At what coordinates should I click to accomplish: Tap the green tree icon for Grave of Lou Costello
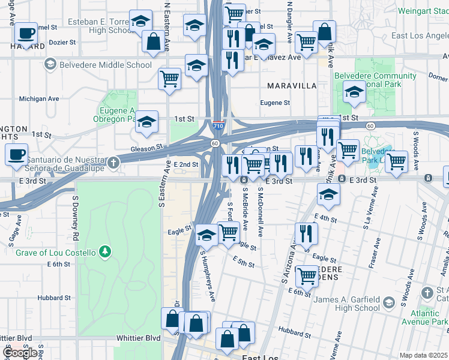point(106,250)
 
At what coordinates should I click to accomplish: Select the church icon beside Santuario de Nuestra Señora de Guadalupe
point(113,163)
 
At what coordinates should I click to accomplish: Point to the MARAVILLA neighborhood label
point(292,86)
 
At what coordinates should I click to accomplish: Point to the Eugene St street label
point(275,103)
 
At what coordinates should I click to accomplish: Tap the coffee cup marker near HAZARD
point(26,33)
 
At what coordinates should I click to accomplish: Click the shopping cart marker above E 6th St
point(307,276)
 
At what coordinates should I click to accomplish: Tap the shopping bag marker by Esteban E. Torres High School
point(153,41)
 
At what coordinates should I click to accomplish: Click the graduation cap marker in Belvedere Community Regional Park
point(354,92)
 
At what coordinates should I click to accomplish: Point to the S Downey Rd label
point(76,214)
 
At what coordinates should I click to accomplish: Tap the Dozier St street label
point(62,43)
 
